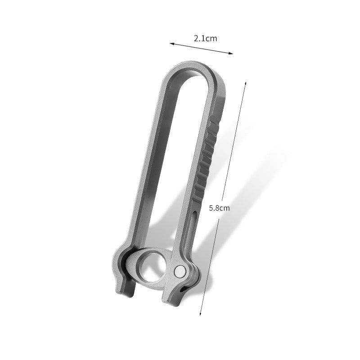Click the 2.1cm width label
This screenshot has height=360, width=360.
coord(205,39)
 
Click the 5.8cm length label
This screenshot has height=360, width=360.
coord(220,208)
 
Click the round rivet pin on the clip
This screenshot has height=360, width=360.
coord(180,271)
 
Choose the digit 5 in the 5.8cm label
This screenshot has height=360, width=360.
coord(211,208)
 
